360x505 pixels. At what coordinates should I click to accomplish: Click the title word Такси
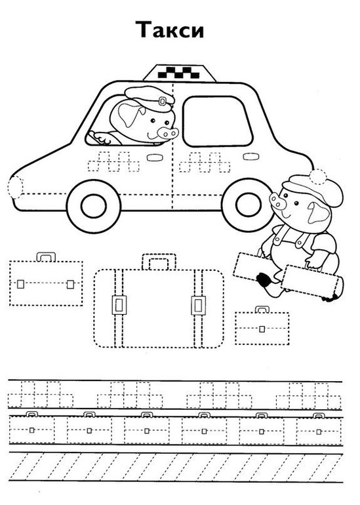click(x=170, y=30)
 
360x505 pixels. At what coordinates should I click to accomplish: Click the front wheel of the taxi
click(x=94, y=207)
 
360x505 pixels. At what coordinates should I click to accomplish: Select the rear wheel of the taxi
click(x=249, y=205)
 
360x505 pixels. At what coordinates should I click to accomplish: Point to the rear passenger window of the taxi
click(x=217, y=121)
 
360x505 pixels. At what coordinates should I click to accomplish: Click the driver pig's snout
click(x=167, y=132)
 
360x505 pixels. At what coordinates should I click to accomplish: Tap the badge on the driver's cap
click(x=162, y=102)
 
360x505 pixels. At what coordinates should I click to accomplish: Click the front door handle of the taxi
click(x=155, y=157)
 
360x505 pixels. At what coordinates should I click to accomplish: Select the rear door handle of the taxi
click(x=251, y=157)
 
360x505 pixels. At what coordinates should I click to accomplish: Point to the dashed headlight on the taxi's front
click(x=16, y=187)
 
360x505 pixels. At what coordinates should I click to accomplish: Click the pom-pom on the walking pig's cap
click(x=318, y=176)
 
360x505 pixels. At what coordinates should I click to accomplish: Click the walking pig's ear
click(x=318, y=214)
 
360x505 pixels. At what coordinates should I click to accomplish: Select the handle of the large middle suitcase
click(x=159, y=262)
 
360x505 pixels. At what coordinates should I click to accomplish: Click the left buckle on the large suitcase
click(x=119, y=305)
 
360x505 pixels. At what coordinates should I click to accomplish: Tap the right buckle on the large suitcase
click(x=198, y=305)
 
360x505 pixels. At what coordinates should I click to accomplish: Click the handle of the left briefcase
click(x=46, y=256)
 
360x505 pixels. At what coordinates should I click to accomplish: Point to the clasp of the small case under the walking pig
click(x=262, y=329)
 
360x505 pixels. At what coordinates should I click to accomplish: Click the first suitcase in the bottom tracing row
click(x=31, y=428)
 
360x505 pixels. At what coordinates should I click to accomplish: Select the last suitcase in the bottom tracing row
click(x=319, y=429)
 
